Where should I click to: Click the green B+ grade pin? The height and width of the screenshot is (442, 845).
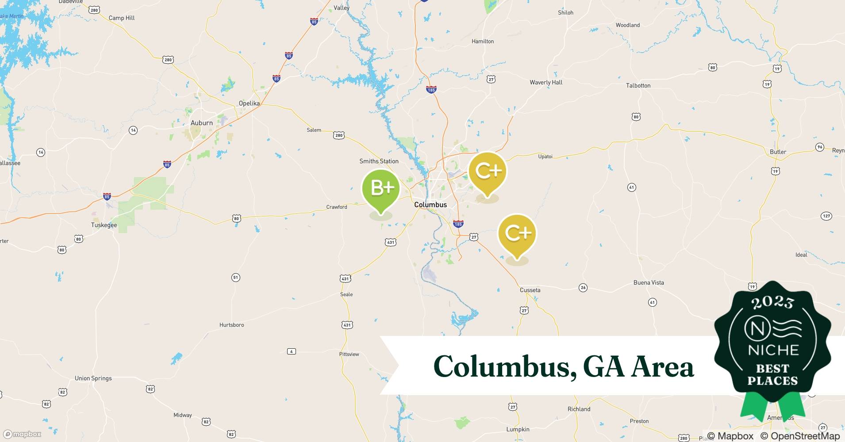point(381,189)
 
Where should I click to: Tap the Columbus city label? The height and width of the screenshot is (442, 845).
point(430,205)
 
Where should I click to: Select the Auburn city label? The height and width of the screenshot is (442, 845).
point(201,123)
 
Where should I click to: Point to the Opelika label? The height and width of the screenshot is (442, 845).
point(249,103)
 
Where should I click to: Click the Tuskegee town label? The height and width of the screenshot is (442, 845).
point(104,225)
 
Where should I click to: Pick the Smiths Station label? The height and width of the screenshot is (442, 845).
point(379,161)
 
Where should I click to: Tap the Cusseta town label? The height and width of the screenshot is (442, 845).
point(530,290)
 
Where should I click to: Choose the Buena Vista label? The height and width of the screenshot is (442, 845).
point(649,282)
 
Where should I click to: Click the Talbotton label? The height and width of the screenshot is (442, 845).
point(638,85)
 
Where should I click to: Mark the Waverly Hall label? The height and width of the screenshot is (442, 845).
point(546,82)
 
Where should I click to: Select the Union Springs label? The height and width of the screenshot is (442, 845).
point(93,378)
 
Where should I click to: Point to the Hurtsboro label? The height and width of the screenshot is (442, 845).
point(231,325)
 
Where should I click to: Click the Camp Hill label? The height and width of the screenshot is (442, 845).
point(122,18)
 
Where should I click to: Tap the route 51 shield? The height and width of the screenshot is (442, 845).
point(235,278)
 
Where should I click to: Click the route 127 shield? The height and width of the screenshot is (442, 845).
point(826,216)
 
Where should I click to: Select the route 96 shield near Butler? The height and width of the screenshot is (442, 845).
point(820,147)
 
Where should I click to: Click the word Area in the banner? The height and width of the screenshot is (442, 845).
point(662,367)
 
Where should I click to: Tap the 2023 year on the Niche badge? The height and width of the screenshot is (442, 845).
point(772,302)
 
